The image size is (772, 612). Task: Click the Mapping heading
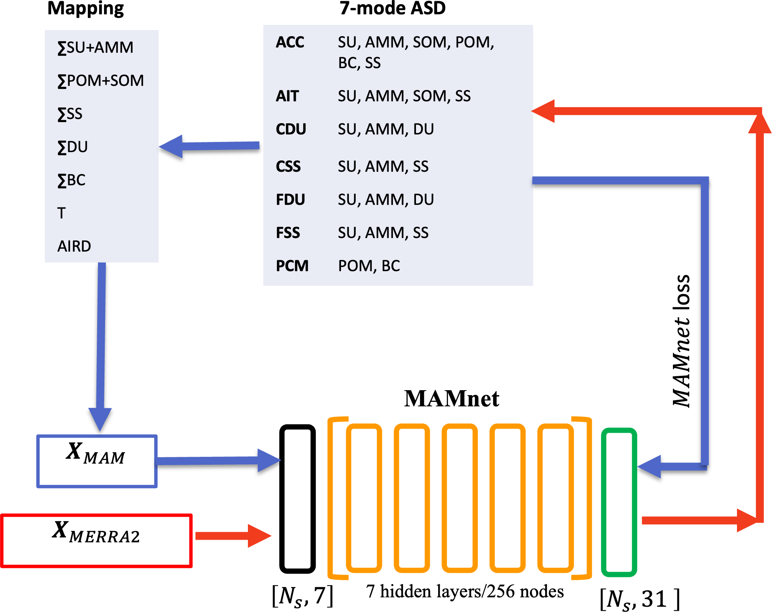click(x=86, y=8)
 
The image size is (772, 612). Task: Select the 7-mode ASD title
click(x=392, y=8)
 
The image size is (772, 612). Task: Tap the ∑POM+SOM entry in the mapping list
click(x=101, y=81)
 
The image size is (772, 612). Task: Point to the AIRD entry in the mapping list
click(x=74, y=246)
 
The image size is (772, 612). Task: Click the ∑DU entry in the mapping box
click(x=73, y=147)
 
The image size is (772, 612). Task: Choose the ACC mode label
click(x=290, y=42)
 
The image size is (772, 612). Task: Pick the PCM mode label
click(x=292, y=266)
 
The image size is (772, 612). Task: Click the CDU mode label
click(x=291, y=129)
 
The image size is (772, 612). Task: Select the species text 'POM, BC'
click(x=369, y=266)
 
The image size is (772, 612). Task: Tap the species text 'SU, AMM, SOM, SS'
click(x=404, y=96)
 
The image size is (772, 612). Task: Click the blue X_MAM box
click(x=97, y=461)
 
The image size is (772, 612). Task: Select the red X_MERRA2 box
click(x=96, y=540)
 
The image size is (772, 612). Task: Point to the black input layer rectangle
click(x=297, y=499)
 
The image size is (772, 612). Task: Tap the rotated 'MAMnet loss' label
click(x=682, y=341)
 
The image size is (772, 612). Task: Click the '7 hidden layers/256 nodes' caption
click(x=465, y=591)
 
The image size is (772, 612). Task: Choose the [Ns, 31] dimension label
click(x=639, y=599)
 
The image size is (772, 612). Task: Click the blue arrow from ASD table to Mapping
click(x=209, y=146)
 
